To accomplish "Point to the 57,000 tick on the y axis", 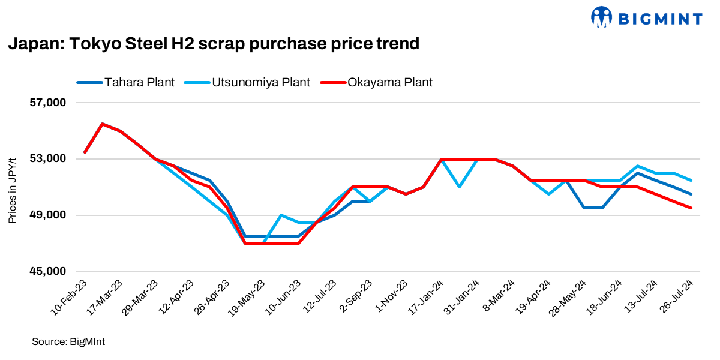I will (47, 103).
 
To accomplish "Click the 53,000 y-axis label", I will (47, 159).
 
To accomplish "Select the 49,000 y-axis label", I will (47, 215).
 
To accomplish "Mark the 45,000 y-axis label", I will (47, 271).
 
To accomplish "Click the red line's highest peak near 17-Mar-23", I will (103, 124).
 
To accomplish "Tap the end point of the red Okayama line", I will (692, 208).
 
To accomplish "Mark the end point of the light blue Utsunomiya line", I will (692, 180).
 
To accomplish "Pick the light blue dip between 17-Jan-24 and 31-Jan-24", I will (459, 187).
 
